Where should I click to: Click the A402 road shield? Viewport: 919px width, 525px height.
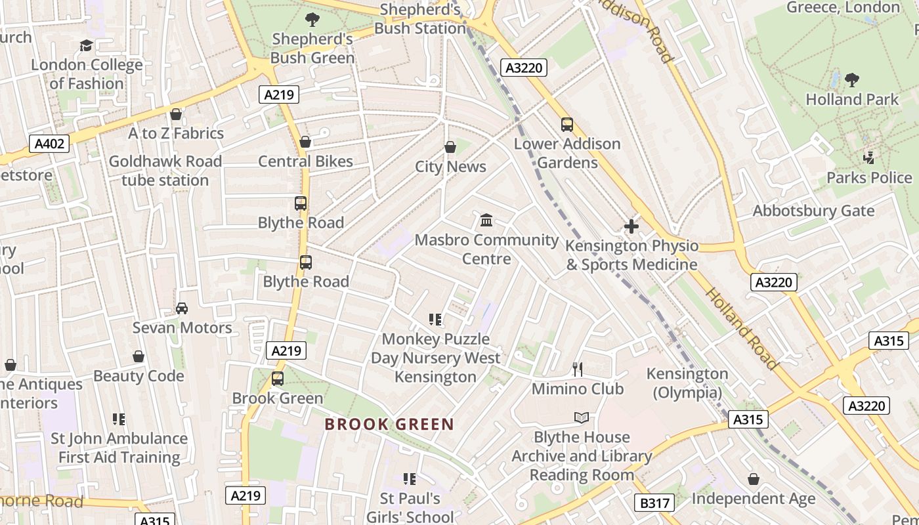pyautogui.click(x=49, y=143)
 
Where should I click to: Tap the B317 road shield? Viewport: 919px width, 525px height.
pyautogui.click(x=654, y=503)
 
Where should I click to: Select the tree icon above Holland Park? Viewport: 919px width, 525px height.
pyautogui.click(x=852, y=80)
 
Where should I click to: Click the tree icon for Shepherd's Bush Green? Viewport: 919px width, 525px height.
pyautogui.click(x=312, y=20)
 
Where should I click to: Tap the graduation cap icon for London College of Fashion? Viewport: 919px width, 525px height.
pyautogui.click(x=86, y=45)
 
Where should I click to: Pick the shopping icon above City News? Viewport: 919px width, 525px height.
pyautogui.click(x=450, y=147)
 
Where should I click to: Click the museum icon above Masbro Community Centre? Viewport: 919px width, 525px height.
pyautogui.click(x=486, y=220)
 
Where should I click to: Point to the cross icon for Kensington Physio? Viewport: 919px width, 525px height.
pyautogui.click(x=631, y=226)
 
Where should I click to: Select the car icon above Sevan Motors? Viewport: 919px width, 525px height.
pyautogui.click(x=182, y=308)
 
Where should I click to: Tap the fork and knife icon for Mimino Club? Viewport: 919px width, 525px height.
pyautogui.click(x=578, y=369)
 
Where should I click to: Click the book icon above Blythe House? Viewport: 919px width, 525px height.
pyautogui.click(x=582, y=417)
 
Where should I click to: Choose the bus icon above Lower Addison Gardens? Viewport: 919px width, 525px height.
pyautogui.click(x=567, y=124)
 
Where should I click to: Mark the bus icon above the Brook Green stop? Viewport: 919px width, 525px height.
pyautogui.click(x=278, y=379)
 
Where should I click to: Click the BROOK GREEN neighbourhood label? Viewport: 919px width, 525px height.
pyautogui.click(x=389, y=424)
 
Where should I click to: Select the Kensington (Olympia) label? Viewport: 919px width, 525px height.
pyautogui.click(x=687, y=383)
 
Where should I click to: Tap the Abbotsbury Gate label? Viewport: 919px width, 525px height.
pyautogui.click(x=813, y=211)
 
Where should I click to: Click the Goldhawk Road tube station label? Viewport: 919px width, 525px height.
pyautogui.click(x=165, y=171)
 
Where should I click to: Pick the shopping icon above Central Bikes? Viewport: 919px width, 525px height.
pyautogui.click(x=305, y=142)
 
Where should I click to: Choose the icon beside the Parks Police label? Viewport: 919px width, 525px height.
pyautogui.click(x=869, y=157)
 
